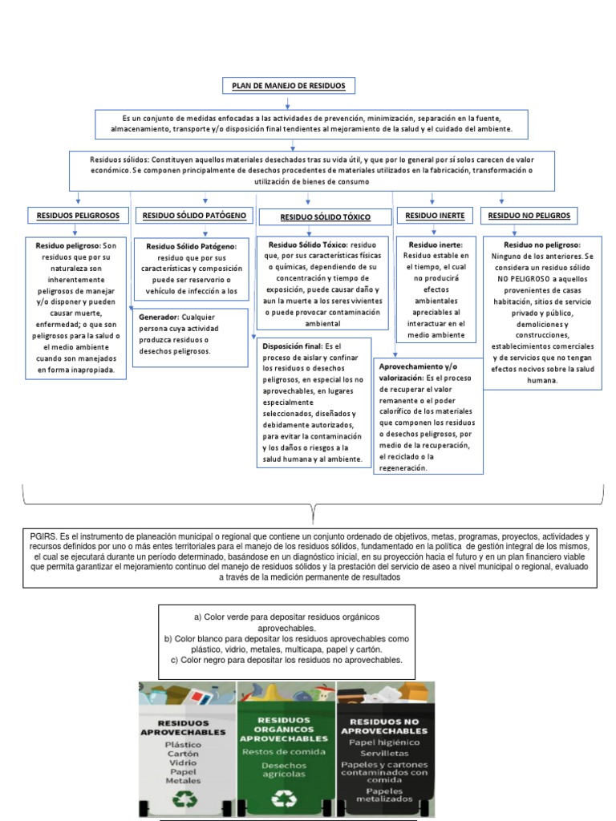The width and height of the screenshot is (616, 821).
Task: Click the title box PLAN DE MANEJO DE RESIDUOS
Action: click(x=288, y=86)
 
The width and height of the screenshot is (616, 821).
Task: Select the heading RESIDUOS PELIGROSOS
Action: click(x=78, y=216)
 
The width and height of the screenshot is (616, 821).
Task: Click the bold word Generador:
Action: click(x=158, y=317)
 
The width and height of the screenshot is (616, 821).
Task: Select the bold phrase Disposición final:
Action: click(x=292, y=346)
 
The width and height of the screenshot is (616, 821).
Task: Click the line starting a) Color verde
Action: click(x=286, y=616)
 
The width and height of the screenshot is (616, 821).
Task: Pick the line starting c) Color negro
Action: click(x=286, y=660)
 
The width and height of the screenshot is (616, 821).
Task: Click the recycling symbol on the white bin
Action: click(x=187, y=799)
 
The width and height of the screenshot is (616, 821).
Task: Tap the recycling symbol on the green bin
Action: click(x=284, y=799)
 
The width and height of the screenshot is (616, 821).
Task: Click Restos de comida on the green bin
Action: click(x=284, y=751)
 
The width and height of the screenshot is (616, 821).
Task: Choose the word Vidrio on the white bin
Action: click(x=183, y=762)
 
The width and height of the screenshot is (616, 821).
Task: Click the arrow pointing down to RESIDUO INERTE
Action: click(x=433, y=198)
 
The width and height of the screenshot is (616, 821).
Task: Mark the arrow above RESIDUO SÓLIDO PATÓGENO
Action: click(x=205, y=198)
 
